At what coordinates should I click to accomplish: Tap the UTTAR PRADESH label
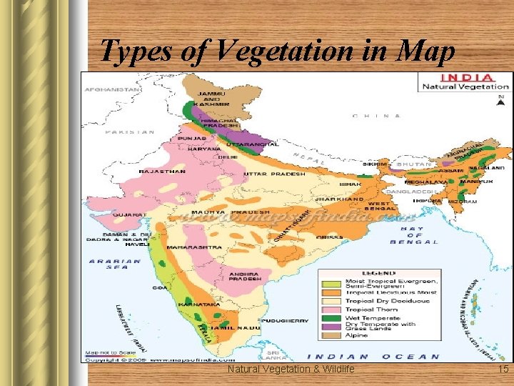point(274,174)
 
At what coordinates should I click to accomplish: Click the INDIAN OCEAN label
point(373,356)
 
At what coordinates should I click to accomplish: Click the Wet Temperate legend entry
point(368,317)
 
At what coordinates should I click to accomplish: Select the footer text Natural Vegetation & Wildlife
point(291,369)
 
